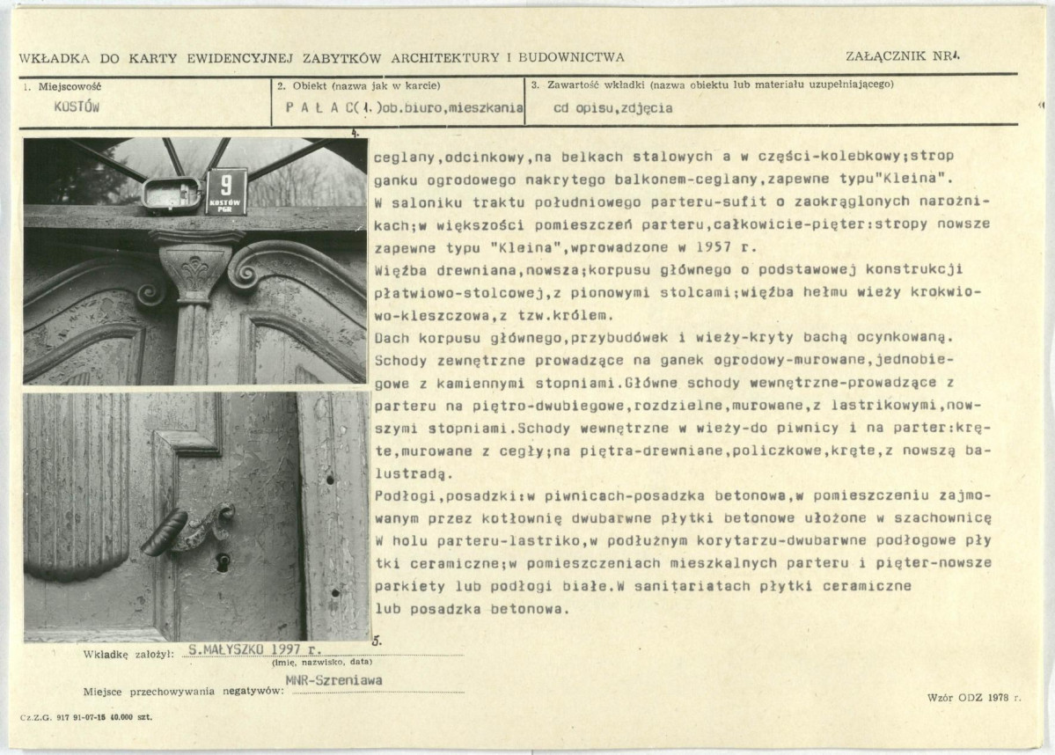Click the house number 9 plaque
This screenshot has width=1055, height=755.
tap(226, 191)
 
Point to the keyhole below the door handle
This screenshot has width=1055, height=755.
tap(223, 561)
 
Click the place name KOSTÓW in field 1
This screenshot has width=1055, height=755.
tap(77, 106)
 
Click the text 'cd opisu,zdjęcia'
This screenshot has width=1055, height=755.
tap(613, 109)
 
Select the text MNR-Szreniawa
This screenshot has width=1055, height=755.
tap(335, 679)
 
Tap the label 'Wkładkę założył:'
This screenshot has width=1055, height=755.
tap(128, 654)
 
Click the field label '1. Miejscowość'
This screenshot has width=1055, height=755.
tap(62, 86)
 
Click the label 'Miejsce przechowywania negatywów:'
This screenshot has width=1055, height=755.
tap(184, 692)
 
